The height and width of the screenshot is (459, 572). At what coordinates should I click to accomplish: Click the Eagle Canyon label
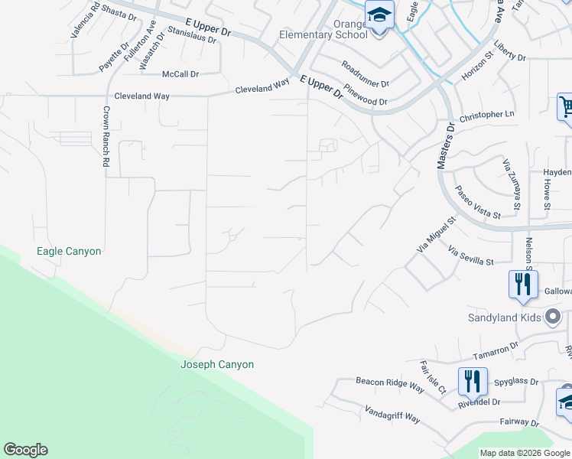[x=69, y=251]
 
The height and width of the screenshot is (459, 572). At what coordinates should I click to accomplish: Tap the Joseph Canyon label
[x=216, y=365]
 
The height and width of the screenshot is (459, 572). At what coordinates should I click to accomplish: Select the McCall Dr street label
[x=180, y=74]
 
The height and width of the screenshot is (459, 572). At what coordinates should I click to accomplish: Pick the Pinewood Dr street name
[x=365, y=96]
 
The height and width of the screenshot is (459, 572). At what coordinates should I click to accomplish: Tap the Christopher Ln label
[x=487, y=116]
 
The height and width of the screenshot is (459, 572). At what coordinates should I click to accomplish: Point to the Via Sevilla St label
[x=470, y=256]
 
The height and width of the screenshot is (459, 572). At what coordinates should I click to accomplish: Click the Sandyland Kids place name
[x=504, y=317]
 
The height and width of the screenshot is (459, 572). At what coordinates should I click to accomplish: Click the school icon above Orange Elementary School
[x=379, y=14]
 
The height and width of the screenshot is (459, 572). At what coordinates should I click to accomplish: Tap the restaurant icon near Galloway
[x=523, y=284]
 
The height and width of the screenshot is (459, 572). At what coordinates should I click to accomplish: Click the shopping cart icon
[x=566, y=106]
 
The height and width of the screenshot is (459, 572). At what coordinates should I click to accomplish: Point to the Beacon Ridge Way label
[x=389, y=384]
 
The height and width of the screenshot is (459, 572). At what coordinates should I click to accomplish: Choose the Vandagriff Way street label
[x=392, y=414]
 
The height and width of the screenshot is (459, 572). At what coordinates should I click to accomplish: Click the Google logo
[x=25, y=450]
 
